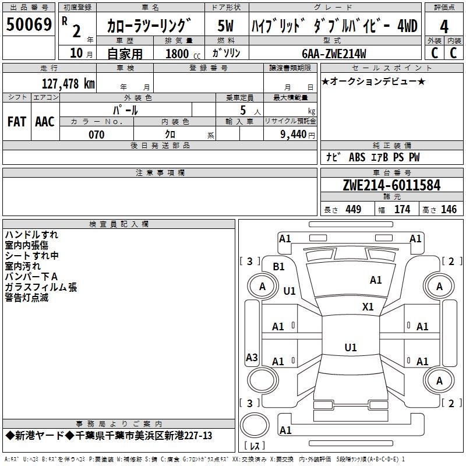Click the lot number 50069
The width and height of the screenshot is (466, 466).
29,24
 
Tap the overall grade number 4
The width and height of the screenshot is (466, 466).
444,26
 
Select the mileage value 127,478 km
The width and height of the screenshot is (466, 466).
68,83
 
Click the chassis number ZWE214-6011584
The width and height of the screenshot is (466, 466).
391,185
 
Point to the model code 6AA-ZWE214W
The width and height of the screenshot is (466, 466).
334,54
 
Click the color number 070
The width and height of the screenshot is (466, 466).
97,135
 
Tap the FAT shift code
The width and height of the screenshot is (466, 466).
17,122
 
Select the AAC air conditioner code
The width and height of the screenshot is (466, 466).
45,122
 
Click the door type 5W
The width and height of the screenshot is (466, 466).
225,26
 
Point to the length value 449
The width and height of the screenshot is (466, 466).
354,209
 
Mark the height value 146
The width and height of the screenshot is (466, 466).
449,209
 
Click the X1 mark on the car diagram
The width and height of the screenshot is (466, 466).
368,306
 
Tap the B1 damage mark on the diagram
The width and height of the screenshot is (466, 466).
278,266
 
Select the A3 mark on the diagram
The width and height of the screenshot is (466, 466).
252,357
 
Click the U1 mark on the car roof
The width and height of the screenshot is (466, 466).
351,347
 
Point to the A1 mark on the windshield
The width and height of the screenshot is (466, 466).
376,280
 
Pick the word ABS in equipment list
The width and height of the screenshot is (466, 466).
357,157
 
